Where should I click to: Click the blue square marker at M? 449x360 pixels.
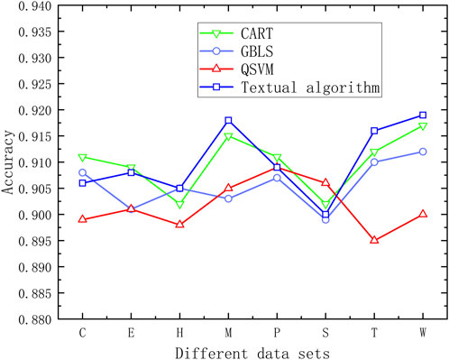point(228,120)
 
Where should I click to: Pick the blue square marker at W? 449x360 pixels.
point(423,115)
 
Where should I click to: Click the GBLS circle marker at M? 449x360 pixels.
point(228,198)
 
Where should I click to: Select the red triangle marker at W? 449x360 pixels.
point(423,214)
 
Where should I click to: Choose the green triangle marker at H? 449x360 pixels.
point(179,205)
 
